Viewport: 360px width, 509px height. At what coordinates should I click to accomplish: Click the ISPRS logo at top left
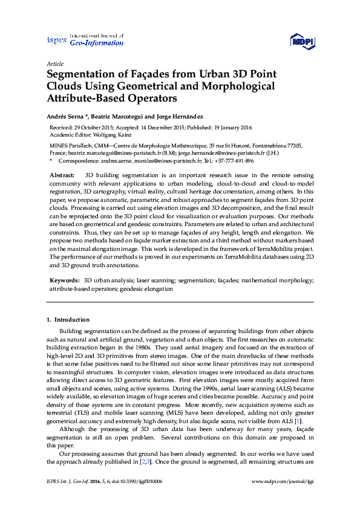(x=56, y=40)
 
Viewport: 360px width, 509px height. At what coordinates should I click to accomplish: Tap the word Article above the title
(x=55, y=63)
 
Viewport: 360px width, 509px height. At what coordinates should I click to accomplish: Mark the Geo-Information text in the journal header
(x=96, y=44)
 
